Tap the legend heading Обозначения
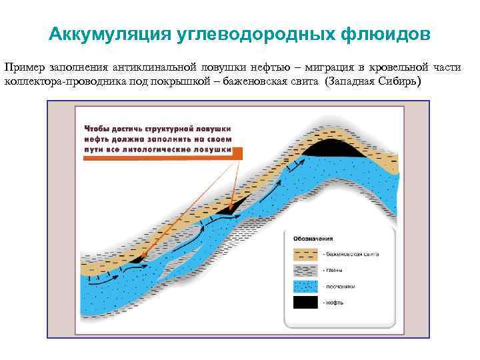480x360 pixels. click(x=312, y=238)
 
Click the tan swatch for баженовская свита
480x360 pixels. click(x=305, y=255)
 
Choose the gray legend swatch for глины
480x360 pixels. click(x=305, y=270)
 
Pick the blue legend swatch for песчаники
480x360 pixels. click(x=305, y=286)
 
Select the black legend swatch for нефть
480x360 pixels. click(x=305, y=302)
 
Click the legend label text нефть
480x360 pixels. click(x=333, y=303)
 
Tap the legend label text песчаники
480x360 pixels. click(x=340, y=287)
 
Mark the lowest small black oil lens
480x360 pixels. click(x=137, y=259)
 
